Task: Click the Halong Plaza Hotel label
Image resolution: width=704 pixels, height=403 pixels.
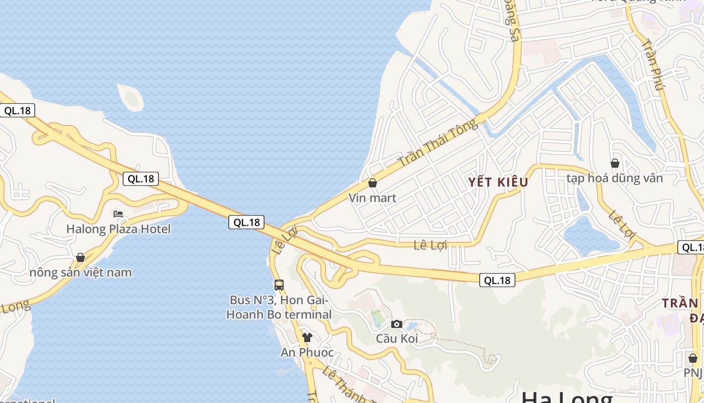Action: [x=119, y=229]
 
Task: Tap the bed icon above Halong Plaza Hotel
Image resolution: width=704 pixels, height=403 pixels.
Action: [x=118, y=214]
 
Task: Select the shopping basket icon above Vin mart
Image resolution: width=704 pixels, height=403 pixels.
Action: [x=373, y=183]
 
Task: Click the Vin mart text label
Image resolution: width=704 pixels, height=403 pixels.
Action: [x=373, y=198]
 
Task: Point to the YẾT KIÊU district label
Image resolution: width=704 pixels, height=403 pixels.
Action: [x=498, y=182]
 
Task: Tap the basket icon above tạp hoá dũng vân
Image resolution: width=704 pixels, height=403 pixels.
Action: [x=614, y=163]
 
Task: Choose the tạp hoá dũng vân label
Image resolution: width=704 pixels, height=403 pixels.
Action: [x=614, y=178]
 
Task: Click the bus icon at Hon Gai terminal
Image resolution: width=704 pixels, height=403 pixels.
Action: [x=279, y=285]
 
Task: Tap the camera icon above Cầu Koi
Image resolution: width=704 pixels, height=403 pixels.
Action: [x=397, y=324]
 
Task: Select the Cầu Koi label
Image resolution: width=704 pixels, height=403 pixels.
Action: [x=397, y=339]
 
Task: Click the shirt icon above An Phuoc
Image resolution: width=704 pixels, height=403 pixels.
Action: [x=307, y=337]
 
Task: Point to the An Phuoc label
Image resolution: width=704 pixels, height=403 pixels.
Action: [x=307, y=352]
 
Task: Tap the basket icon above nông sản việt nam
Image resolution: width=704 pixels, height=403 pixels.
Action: [x=80, y=258]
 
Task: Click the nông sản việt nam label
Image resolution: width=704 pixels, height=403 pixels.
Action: [x=80, y=273]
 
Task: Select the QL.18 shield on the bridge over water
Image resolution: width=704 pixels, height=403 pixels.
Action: [x=246, y=222]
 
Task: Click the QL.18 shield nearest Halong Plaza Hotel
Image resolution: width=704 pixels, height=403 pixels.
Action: [x=141, y=179]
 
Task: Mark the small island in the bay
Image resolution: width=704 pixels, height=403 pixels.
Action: [x=131, y=97]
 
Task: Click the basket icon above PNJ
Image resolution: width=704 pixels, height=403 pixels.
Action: [x=693, y=358]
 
